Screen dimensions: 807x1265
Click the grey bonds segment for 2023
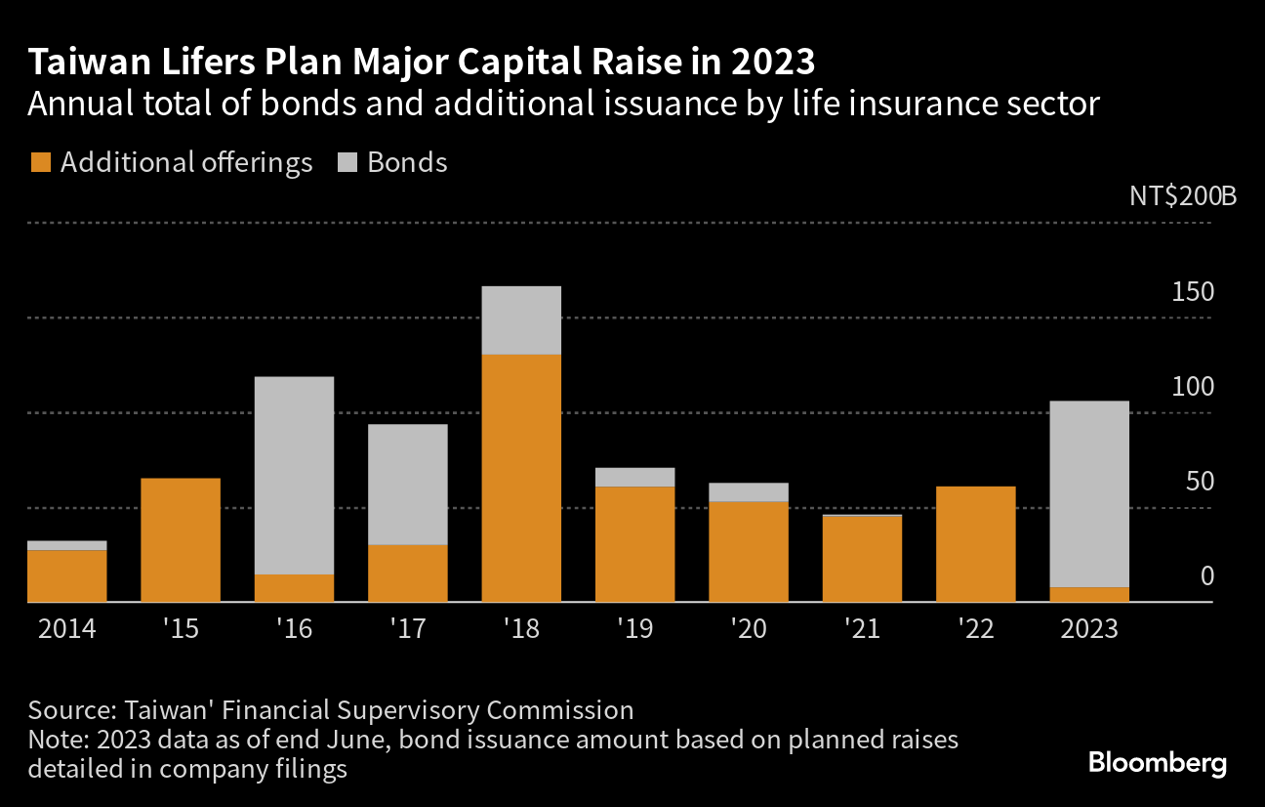click(1089, 493)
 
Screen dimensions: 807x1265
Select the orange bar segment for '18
click(521, 478)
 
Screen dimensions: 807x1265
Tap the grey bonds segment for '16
click(294, 475)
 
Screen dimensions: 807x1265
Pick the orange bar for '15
click(181, 539)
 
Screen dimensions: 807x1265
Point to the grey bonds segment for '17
click(408, 484)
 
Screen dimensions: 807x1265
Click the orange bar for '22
click(975, 543)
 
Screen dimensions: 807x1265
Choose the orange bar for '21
click(862, 558)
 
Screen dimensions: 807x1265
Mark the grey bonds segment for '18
click(521, 319)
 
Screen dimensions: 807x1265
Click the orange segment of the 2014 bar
click(66, 575)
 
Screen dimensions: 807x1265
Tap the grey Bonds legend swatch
click(347, 162)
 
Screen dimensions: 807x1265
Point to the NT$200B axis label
click(1182, 195)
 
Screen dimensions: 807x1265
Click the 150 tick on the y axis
click(1193, 291)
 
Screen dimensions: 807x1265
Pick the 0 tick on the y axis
click(1206, 575)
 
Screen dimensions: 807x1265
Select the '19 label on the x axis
click(633, 627)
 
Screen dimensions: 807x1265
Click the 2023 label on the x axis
click(1088, 627)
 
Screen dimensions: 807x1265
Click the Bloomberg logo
click(1157, 763)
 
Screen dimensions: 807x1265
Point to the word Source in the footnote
click(63, 709)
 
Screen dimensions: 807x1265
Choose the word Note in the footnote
click(55, 740)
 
